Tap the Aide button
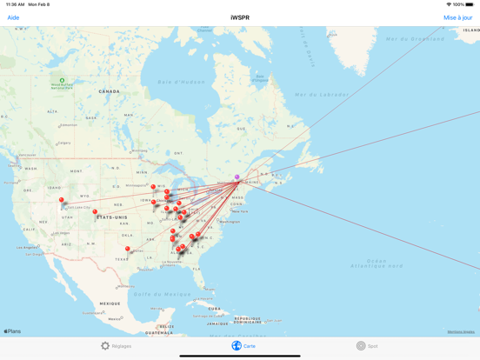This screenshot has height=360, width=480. coord(13,17)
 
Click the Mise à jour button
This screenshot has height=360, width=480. coord(458,17)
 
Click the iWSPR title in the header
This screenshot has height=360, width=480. coord(240,17)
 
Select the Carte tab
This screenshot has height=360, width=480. coord(243,346)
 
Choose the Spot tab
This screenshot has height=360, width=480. coord(367,346)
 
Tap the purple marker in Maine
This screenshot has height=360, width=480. coord(237,177)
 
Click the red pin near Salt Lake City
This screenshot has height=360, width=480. coord(62,200)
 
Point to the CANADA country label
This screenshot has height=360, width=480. coord(110,91)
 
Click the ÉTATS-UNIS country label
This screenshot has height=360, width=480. coord(112,217)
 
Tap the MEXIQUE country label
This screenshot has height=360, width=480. coord(110,303)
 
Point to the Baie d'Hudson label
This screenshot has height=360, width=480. coord(177,82)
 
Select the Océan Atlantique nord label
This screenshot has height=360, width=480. coord(389,263)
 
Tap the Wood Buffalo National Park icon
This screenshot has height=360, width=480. coord(62,81)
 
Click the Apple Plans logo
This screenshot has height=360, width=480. coord(12,331)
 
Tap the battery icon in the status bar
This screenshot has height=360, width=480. coord(470,4)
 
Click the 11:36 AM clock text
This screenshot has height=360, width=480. coord(15,4)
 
